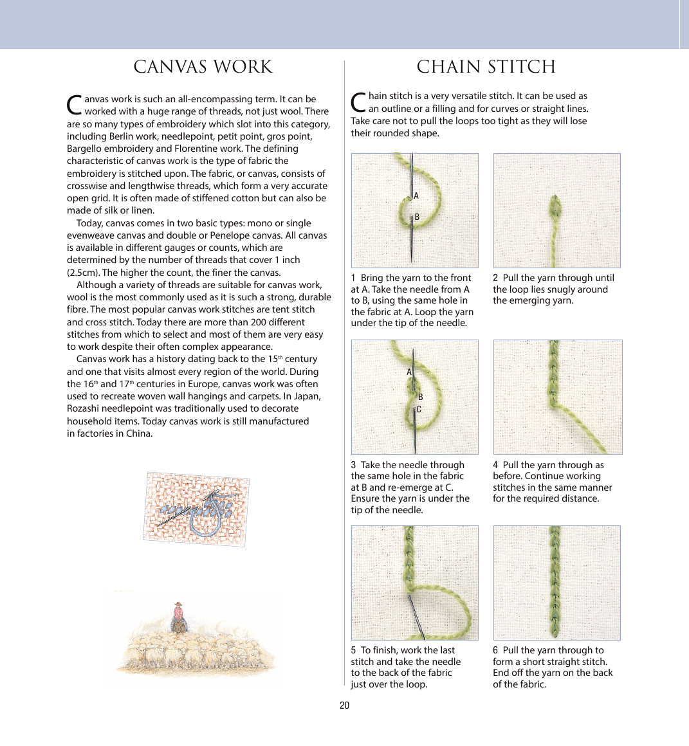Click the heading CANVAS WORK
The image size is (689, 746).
[203, 68]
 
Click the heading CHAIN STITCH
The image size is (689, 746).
[486, 68]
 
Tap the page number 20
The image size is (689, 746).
[344, 705]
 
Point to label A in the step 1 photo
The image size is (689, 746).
[416, 196]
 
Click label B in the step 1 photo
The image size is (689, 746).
[417, 217]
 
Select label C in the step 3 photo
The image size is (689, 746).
[419, 410]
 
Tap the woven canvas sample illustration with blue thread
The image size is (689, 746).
[196, 509]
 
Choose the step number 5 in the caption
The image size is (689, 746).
[353, 651]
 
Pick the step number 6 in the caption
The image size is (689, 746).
[495, 651]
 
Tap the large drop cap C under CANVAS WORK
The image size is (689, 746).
[75, 104]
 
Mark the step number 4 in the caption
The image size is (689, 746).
[495, 465]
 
